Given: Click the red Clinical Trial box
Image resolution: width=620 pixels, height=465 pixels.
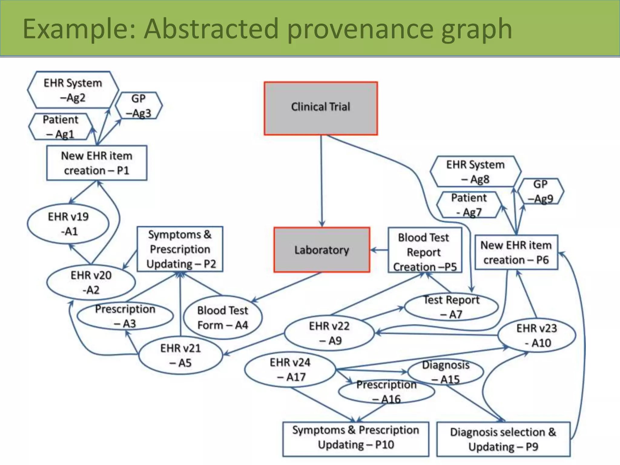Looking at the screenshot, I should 321,108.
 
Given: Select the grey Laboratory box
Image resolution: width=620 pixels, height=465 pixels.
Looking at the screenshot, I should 322,250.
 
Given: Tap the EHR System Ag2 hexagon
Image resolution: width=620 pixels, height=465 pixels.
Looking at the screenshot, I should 73,90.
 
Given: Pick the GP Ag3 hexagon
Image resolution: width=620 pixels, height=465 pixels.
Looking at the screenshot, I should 139,105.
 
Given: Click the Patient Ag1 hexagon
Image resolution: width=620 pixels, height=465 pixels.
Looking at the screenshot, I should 60,127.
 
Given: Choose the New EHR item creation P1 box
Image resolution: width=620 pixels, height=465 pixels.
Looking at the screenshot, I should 97,163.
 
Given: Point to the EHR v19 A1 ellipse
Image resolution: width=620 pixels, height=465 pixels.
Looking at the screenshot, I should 68,224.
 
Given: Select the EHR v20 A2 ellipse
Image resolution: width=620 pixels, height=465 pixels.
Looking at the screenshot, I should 91,282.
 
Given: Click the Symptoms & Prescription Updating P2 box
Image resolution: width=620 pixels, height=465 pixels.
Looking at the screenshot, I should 180,249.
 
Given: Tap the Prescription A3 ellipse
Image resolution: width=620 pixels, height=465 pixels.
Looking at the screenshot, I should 125,316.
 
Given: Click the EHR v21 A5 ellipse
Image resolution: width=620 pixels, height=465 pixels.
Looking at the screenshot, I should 180,355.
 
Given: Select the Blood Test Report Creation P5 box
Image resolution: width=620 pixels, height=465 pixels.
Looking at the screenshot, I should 424,251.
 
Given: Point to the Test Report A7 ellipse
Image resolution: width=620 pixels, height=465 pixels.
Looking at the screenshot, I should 451,307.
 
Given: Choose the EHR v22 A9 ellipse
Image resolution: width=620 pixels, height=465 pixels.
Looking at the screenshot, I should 329,333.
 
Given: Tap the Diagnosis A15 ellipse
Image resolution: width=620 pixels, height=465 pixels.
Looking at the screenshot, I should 446,372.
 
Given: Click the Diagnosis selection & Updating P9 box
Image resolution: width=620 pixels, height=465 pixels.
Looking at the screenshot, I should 503,439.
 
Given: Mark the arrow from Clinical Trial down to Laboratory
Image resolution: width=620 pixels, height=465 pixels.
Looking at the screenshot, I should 322,182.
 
